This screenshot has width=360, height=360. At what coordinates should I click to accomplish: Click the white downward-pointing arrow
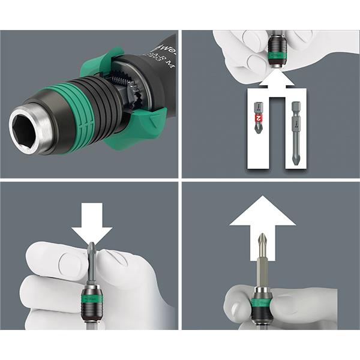tap(92, 227)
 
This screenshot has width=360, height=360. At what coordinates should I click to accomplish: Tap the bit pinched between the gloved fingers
tap(92, 264)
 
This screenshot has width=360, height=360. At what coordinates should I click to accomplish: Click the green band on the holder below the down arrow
tap(92, 295)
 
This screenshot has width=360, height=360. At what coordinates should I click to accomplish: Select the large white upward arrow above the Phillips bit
tap(262, 216)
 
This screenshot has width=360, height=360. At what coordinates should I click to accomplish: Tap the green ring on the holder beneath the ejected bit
tap(262, 302)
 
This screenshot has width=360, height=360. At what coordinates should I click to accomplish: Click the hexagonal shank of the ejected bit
tap(262, 273)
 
